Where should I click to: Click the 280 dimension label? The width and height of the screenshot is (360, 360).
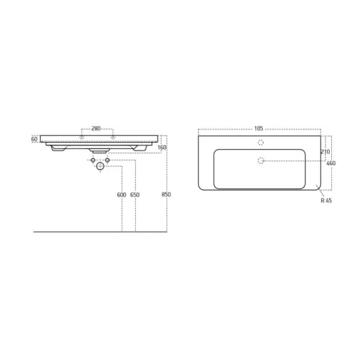pyautogui.click(x=96, y=129)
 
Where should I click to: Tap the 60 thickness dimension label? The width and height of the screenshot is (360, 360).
pyautogui.click(x=34, y=139)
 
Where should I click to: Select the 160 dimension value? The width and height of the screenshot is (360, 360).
pyautogui.click(x=162, y=148)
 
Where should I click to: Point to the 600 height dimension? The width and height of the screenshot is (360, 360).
pyautogui.click(x=122, y=195)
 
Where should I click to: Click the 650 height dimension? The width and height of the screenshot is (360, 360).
pyautogui.click(x=135, y=195)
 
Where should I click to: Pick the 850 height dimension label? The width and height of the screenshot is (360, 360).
pyautogui.click(x=166, y=195)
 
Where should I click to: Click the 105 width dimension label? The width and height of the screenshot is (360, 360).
pyautogui.click(x=259, y=129)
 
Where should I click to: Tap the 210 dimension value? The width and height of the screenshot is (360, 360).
pyautogui.click(x=326, y=152)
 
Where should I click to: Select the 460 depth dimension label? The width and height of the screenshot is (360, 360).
pyautogui.click(x=331, y=163)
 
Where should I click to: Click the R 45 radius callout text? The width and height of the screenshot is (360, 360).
pyautogui.click(x=326, y=200)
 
